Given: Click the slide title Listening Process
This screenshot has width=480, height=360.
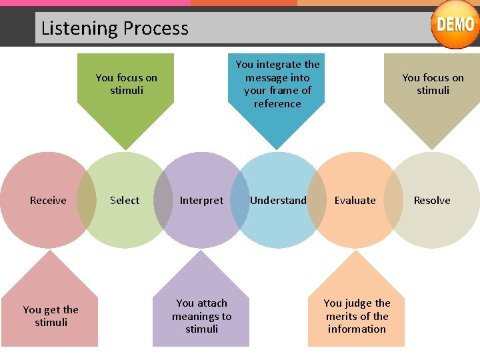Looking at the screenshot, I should pyautogui.click(x=115, y=28).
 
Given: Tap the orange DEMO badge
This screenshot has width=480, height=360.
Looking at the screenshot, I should pyautogui.click(x=455, y=25).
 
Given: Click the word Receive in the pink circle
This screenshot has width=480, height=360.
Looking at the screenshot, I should pyautogui.click(x=48, y=200).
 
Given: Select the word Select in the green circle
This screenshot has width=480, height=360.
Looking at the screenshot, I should pyautogui.click(x=125, y=200).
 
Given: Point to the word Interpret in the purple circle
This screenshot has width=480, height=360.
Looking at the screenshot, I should pyautogui.click(x=201, y=200).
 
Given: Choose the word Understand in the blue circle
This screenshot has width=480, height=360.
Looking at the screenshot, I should pyautogui.click(x=278, y=200).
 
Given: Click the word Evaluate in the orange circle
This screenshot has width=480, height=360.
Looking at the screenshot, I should pyautogui.click(x=355, y=200).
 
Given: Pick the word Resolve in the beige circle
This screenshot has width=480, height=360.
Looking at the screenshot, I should pyautogui.click(x=432, y=200).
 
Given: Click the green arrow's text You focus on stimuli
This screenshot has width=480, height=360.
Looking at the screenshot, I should pyautogui.click(x=126, y=84).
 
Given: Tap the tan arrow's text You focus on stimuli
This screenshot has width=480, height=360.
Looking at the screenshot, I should pyautogui.click(x=433, y=84).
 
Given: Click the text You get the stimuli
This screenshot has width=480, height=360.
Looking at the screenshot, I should pyautogui.click(x=51, y=316).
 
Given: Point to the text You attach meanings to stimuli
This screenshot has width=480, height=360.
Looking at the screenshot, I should pyautogui.click(x=201, y=316).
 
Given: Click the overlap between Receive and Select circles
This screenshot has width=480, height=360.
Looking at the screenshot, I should pyautogui.click(x=87, y=200).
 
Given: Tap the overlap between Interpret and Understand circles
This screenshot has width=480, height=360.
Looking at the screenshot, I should pyautogui.click(x=240, y=200).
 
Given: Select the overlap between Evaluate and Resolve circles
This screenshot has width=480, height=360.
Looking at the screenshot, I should pyautogui.click(x=393, y=200).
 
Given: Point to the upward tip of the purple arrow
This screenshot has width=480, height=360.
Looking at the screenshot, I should pyautogui.click(x=201, y=253).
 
